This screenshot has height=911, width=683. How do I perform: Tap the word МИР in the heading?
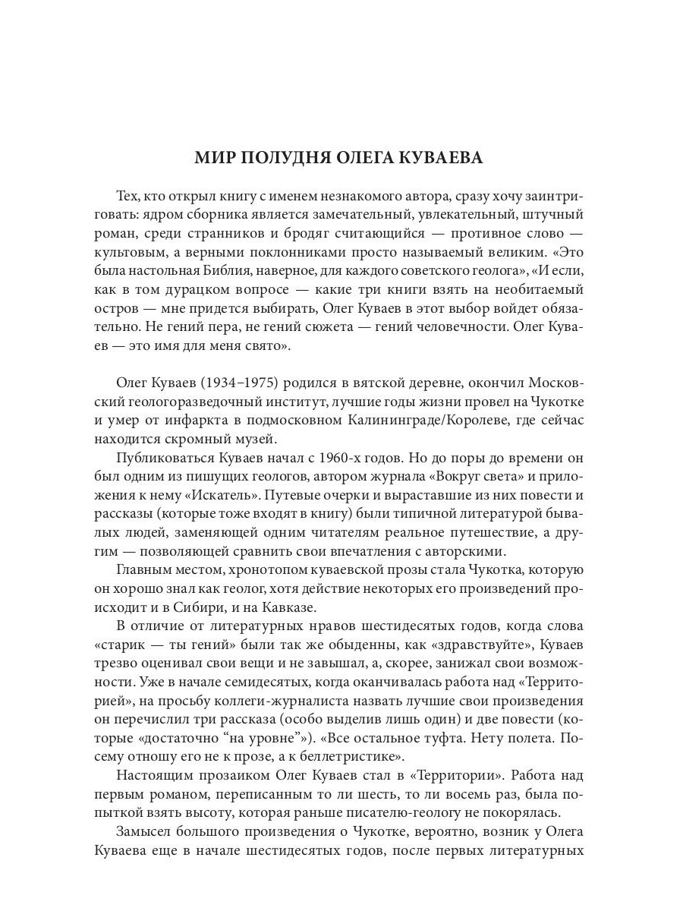(x=215, y=158)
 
